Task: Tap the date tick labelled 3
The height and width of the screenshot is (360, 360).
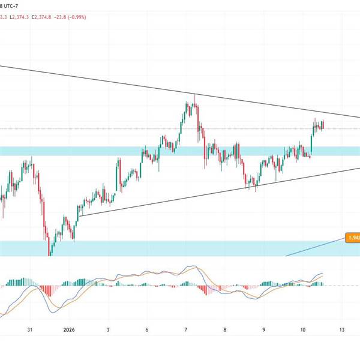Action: tap(108, 330)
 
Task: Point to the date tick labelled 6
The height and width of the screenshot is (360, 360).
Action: tap(147, 330)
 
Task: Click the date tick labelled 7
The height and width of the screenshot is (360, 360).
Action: tap(186, 330)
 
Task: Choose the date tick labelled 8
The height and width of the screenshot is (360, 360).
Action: tap(225, 330)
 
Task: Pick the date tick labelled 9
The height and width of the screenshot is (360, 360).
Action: tap(264, 330)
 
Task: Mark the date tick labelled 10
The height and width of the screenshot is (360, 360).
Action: tap(303, 330)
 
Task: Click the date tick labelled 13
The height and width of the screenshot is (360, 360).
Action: tap(342, 330)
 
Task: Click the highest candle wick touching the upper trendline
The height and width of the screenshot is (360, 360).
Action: tap(194, 96)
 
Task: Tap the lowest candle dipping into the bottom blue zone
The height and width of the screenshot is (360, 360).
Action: tap(50, 254)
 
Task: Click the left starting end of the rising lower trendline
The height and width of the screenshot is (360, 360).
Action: tap(80, 216)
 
